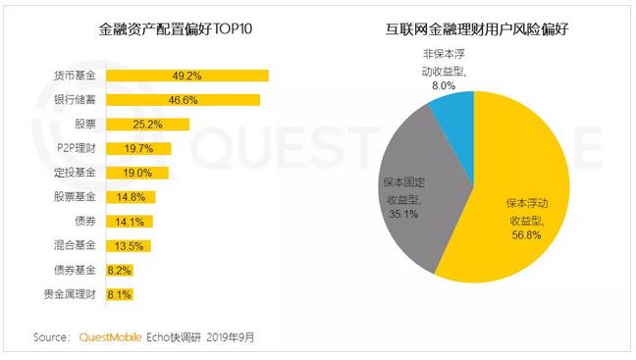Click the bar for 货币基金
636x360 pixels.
click(186, 76)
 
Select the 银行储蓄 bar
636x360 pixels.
click(183, 100)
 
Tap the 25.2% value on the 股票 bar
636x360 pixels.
click(147, 125)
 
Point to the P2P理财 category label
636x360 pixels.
click(77, 148)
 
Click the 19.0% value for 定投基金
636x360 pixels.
click(136, 173)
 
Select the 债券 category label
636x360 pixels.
click(85, 221)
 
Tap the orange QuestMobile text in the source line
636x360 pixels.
click(111, 337)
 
